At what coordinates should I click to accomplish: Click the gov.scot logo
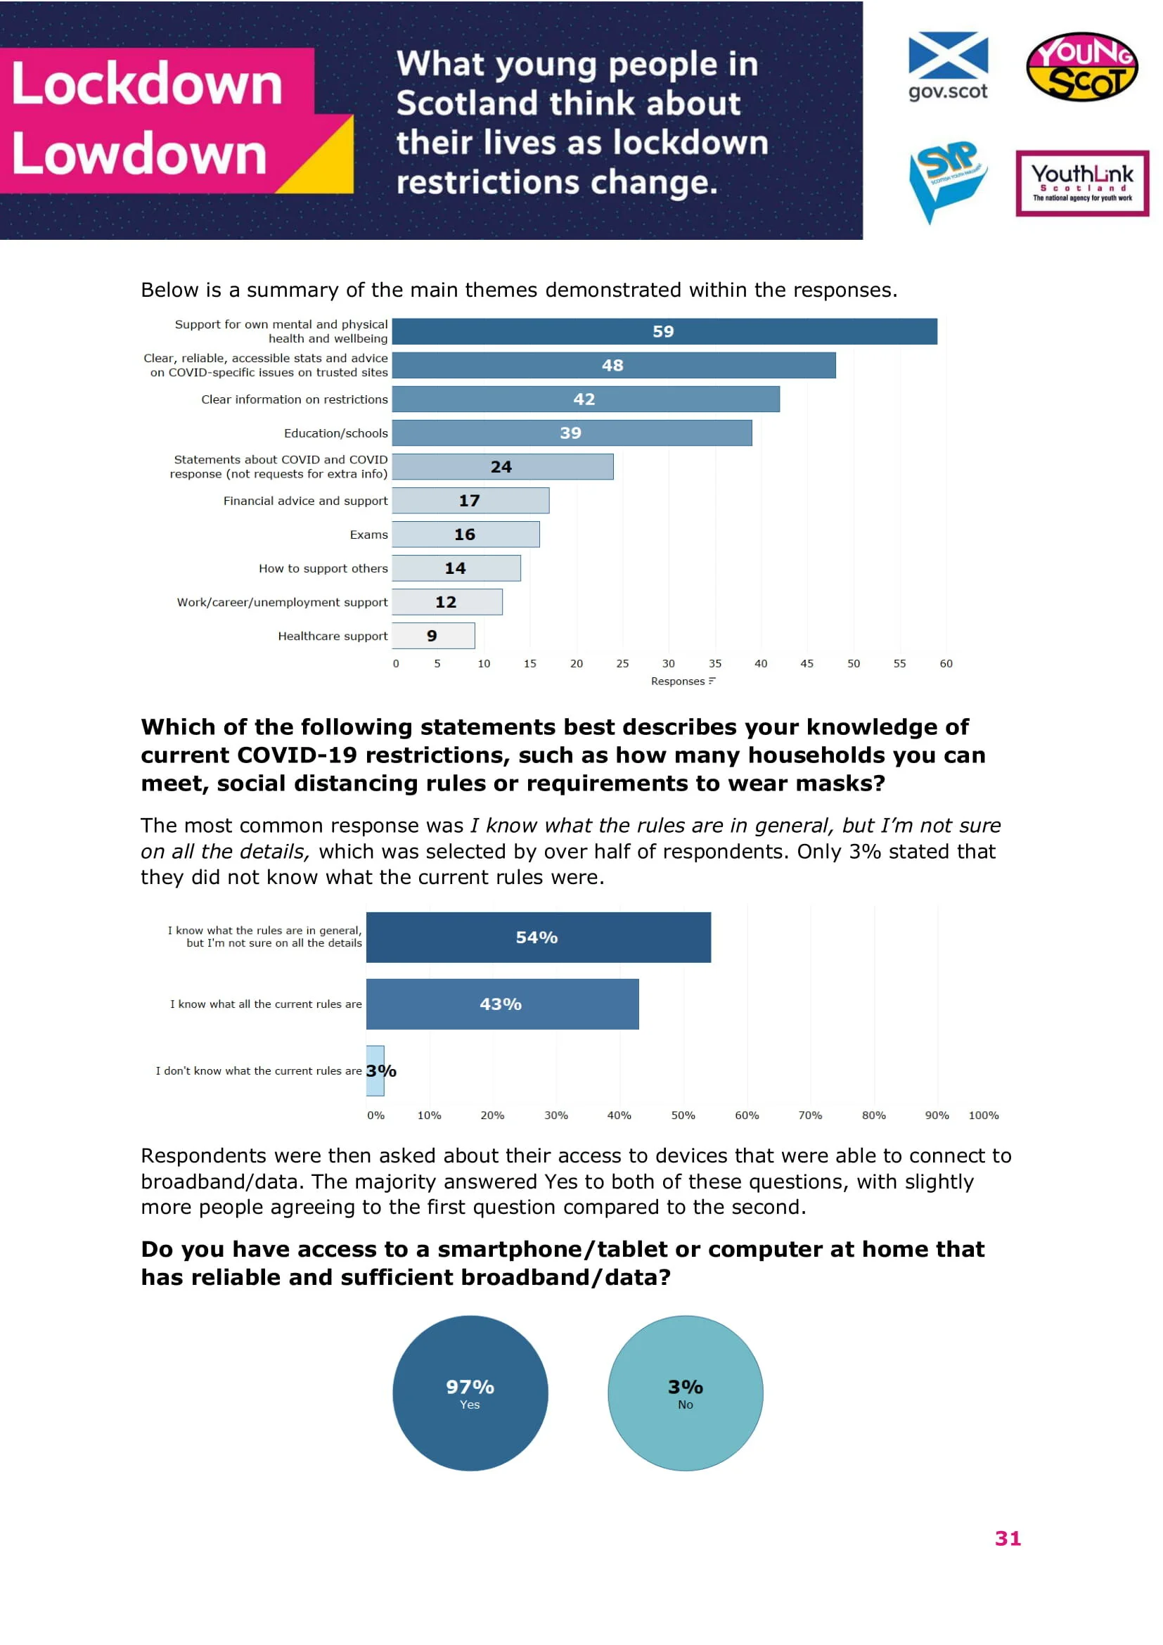pyautogui.click(x=947, y=66)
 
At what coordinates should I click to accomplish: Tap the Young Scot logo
pyautogui.click(x=1081, y=66)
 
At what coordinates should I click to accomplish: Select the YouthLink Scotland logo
pyautogui.click(x=1082, y=184)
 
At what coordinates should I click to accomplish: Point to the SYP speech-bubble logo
pyautogui.click(x=946, y=181)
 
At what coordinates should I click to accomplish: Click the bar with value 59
pyautogui.click(x=664, y=332)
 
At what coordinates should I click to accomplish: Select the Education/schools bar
pyautogui.click(x=572, y=433)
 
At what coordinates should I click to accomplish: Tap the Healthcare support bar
pyautogui.click(x=433, y=636)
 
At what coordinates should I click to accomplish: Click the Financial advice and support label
pyautogui.click(x=305, y=501)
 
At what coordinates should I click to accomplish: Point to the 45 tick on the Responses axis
pyautogui.click(x=807, y=663)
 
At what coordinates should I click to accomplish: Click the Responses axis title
pyautogui.click(x=677, y=681)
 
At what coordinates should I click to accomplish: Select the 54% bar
pyautogui.click(x=538, y=937)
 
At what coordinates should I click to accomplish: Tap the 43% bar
pyautogui.click(x=502, y=1004)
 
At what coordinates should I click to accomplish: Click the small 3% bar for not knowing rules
pyautogui.click(x=375, y=1070)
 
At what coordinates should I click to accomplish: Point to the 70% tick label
pyautogui.click(x=810, y=1115)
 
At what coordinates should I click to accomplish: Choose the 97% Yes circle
pyautogui.click(x=470, y=1393)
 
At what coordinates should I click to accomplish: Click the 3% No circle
pyautogui.click(x=686, y=1393)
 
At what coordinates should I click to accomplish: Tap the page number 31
pyautogui.click(x=1008, y=1538)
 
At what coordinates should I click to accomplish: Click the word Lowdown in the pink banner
pyautogui.click(x=139, y=154)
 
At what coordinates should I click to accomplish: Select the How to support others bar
pyautogui.click(x=456, y=568)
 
